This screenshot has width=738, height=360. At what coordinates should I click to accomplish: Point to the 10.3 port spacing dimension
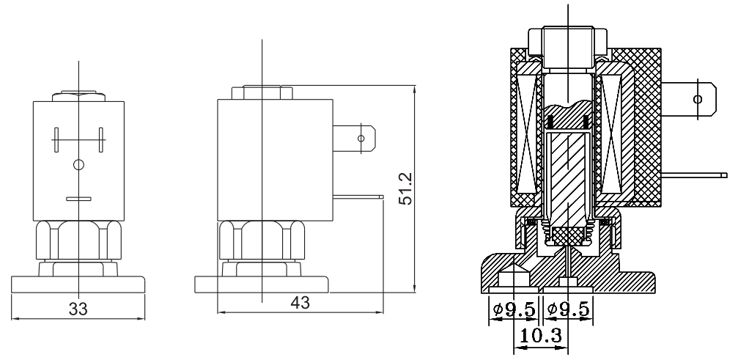539,338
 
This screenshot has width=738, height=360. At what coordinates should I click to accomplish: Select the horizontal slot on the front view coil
78,198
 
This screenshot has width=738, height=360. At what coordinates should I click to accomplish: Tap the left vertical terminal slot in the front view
56,139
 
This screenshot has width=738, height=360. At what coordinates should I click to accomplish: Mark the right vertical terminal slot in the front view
100,139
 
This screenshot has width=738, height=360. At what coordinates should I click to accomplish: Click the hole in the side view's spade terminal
361,138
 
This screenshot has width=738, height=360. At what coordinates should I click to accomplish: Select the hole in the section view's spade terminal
696,98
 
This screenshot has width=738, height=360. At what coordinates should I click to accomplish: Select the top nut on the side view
262,93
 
